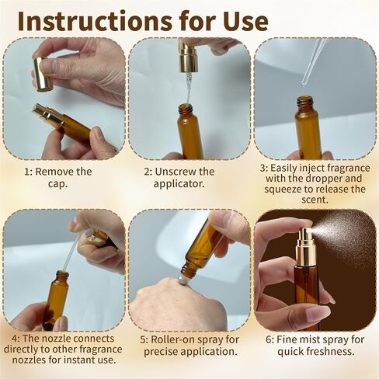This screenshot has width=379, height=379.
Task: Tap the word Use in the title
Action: (242, 20)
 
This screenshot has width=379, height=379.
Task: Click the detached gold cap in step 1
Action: (43, 74)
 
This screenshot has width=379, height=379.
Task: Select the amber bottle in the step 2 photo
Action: (189, 132)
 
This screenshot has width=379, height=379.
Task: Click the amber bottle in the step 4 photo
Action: (56, 299)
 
